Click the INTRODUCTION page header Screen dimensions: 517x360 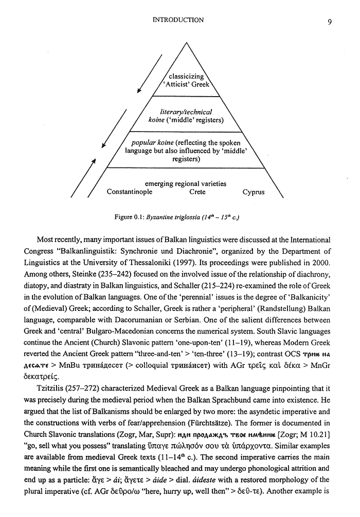point(178,20)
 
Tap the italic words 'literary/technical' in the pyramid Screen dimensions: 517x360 point(187,112)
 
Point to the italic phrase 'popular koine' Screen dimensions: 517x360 point(153,142)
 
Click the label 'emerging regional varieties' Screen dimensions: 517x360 point(186,183)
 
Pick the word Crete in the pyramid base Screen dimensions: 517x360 point(197,192)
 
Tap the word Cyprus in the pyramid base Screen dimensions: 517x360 point(254,192)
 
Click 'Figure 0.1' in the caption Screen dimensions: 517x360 point(130,217)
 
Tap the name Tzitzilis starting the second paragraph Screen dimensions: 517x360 point(51,379)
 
